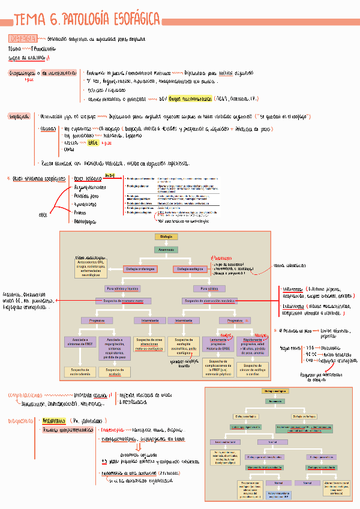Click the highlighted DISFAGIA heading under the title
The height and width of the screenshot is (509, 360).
[x=23, y=38]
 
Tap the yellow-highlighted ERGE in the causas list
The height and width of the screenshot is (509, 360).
[x=93, y=143]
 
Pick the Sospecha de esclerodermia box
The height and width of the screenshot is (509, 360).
[x=80, y=372]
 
